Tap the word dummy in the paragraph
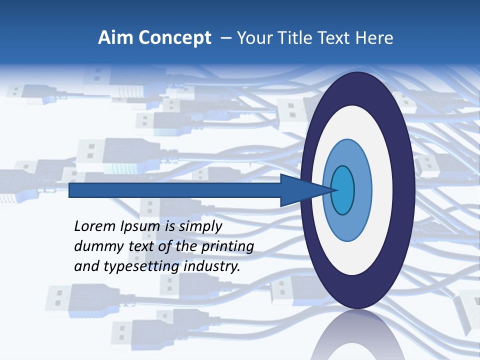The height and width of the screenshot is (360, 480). (x=95, y=246)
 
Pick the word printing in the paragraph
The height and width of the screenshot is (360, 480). (x=227, y=247)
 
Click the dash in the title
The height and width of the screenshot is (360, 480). (x=225, y=38)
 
